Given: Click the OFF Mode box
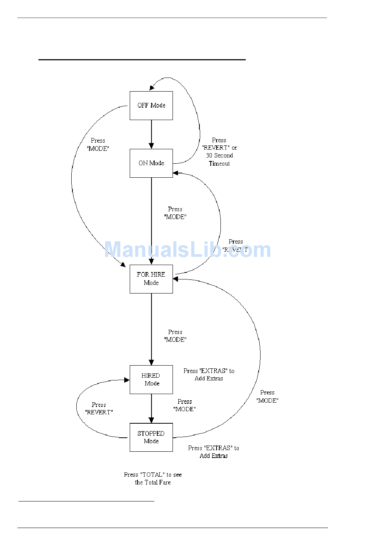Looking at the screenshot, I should click(x=151, y=106).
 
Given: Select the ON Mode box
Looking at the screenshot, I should click(x=151, y=163).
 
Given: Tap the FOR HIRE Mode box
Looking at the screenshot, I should click(x=151, y=279).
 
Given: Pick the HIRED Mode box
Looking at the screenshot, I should click(x=151, y=380).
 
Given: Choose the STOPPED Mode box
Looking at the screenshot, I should click(x=151, y=437).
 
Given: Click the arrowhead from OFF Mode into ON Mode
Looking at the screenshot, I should click(x=152, y=146).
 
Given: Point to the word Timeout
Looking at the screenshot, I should click(x=219, y=164).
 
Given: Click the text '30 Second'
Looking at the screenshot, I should click(x=219, y=156).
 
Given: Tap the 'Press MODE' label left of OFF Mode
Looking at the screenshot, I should click(x=98, y=145).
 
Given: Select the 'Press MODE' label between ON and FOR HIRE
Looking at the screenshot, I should click(x=175, y=213).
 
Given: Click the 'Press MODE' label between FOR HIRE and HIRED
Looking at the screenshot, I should click(x=175, y=336).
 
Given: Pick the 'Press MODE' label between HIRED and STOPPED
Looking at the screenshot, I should click(x=185, y=405).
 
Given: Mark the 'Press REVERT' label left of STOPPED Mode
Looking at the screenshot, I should click(x=99, y=408).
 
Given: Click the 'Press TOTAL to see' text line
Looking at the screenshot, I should click(x=153, y=475).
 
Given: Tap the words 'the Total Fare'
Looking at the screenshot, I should click(x=153, y=483).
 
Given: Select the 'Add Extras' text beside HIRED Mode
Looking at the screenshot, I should click(x=209, y=378).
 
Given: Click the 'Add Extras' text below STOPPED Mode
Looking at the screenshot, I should click(x=213, y=456).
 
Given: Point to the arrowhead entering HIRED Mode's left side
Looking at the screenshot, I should click(x=127, y=380).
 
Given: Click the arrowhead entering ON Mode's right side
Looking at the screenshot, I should click(x=176, y=173).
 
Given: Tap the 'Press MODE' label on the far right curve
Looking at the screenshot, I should click(x=267, y=396).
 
